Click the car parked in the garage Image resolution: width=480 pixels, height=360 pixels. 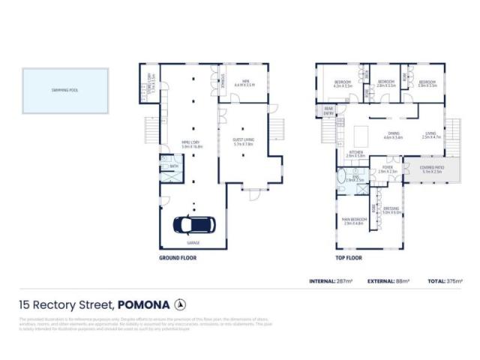point(195,224)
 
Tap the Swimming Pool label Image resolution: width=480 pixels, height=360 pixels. point(55,90)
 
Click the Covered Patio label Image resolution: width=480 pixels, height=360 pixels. point(432,169)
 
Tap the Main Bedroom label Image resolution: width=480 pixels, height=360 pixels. point(352,220)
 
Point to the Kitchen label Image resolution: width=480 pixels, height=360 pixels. point(355,154)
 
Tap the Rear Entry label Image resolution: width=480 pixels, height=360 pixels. point(328,111)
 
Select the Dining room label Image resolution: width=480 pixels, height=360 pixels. point(393,136)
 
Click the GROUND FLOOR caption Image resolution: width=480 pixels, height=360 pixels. point(177,257)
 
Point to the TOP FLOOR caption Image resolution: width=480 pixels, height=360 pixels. point(348,257)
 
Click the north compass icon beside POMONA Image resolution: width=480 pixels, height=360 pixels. point(179,304)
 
